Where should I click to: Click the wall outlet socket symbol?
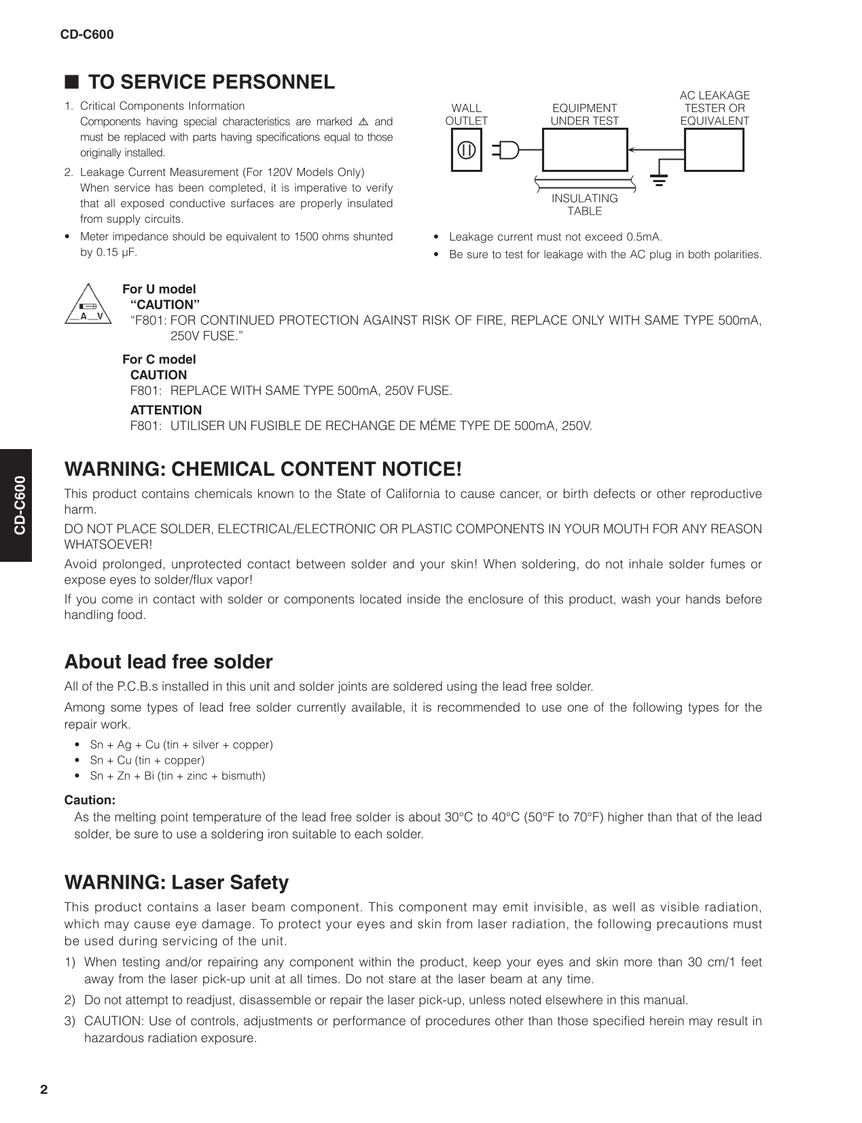coord(466,150)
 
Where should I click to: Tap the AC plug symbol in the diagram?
coord(506,150)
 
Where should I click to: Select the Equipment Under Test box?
coord(584,150)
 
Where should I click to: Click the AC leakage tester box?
coord(713,150)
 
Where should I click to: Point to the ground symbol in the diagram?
coord(658,180)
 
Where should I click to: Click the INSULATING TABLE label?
coord(584,204)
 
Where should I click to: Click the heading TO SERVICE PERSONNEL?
coord(211,82)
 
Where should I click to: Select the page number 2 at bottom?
coord(44,1090)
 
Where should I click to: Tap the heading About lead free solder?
coord(168,662)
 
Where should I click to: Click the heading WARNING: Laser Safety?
coord(177,883)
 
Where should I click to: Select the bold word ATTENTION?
coord(166,410)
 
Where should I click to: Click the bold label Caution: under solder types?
coord(90,800)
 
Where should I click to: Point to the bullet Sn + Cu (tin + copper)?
coord(147,760)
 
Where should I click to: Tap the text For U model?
coord(159,289)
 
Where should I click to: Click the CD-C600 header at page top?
coord(87,35)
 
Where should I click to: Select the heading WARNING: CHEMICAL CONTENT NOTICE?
coord(263,469)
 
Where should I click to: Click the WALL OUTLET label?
coord(466,114)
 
